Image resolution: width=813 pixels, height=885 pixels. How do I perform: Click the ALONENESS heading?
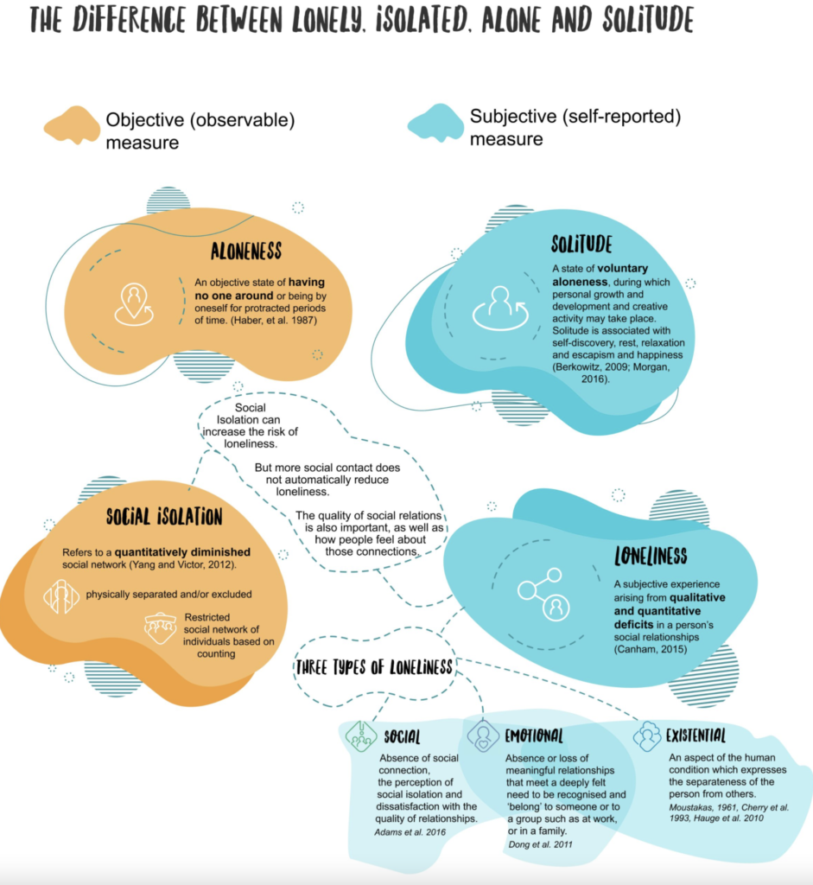(x=246, y=251)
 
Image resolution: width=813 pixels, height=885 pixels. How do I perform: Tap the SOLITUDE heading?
(x=581, y=244)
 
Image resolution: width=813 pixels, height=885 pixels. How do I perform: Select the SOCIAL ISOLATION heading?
(x=164, y=517)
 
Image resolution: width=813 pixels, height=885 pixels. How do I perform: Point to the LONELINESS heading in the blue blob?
(x=651, y=556)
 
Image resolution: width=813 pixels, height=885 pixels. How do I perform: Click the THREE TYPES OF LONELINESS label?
(x=374, y=667)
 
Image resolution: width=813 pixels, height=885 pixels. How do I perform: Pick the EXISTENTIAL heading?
(x=695, y=735)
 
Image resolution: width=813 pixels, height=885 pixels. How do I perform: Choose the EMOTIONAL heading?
(x=534, y=735)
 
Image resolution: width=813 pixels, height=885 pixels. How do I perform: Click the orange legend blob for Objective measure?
(x=73, y=124)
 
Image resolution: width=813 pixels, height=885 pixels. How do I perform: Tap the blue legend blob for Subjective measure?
(x=435, y=123)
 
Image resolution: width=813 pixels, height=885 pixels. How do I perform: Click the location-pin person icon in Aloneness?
(x=134, y=304)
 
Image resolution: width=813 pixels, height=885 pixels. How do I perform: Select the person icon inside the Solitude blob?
(x=500, y=309)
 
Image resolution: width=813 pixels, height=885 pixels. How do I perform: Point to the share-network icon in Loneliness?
(x=544, y=595)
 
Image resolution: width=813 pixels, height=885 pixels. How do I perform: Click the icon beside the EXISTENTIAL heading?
(x=646, y=736)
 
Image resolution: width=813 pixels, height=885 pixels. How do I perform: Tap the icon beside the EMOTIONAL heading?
(x=483, y=736)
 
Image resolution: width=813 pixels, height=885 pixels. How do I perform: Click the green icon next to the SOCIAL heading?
(x=361, y=736)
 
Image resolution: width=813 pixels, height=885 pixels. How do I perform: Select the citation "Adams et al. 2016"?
(x=410, y=832)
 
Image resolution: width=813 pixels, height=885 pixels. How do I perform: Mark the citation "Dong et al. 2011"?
(x=541, y=844)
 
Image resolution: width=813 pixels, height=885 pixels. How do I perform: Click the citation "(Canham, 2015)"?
(x=651, y=649)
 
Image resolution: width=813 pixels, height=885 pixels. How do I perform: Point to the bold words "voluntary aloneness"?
(x=600, y=275)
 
